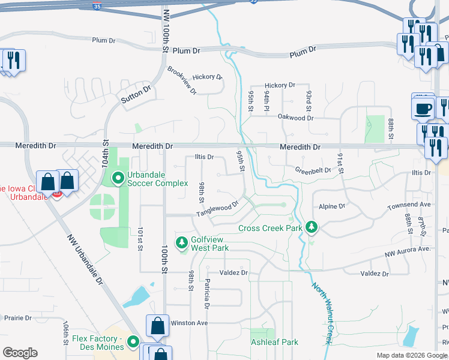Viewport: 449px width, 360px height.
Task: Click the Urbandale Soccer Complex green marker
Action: tap(118, 178)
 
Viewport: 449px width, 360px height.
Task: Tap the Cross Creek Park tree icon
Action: tap(311, 227)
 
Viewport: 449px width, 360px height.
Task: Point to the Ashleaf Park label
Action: tap(274, 342)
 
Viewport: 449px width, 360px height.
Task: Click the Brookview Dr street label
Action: tap(182, 80)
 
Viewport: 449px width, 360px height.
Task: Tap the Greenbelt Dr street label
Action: tap(313, 170)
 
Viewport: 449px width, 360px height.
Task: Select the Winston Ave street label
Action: tap(189, 323)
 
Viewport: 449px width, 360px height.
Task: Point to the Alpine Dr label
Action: tap(332, 206)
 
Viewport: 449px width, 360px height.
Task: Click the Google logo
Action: tap(20, 353)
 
